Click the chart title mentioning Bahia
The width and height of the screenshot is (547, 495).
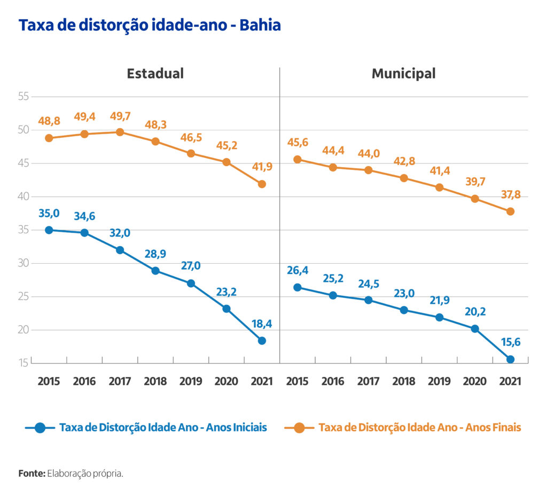150,25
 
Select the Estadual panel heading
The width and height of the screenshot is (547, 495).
155,73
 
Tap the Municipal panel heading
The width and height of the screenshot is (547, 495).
403,73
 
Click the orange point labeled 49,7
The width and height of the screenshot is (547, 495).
120,132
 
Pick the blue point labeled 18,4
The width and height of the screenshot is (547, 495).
262,341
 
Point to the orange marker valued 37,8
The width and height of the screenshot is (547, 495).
510,211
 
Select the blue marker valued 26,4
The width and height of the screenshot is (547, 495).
298,287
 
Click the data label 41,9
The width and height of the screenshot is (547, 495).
262,167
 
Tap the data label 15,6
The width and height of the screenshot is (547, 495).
510,342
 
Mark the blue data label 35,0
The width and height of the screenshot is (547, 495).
49,214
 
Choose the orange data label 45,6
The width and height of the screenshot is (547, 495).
298,143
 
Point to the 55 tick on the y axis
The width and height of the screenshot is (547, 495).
23,97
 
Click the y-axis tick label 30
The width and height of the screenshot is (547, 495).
23,263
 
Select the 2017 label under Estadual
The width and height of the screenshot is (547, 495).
120,381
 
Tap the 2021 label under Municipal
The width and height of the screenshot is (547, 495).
510,381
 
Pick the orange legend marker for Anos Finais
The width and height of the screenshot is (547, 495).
299,427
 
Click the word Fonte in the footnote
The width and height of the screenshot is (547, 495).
32,473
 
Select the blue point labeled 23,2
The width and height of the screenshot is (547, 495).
226,309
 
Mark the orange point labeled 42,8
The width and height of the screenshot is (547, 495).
404,178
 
